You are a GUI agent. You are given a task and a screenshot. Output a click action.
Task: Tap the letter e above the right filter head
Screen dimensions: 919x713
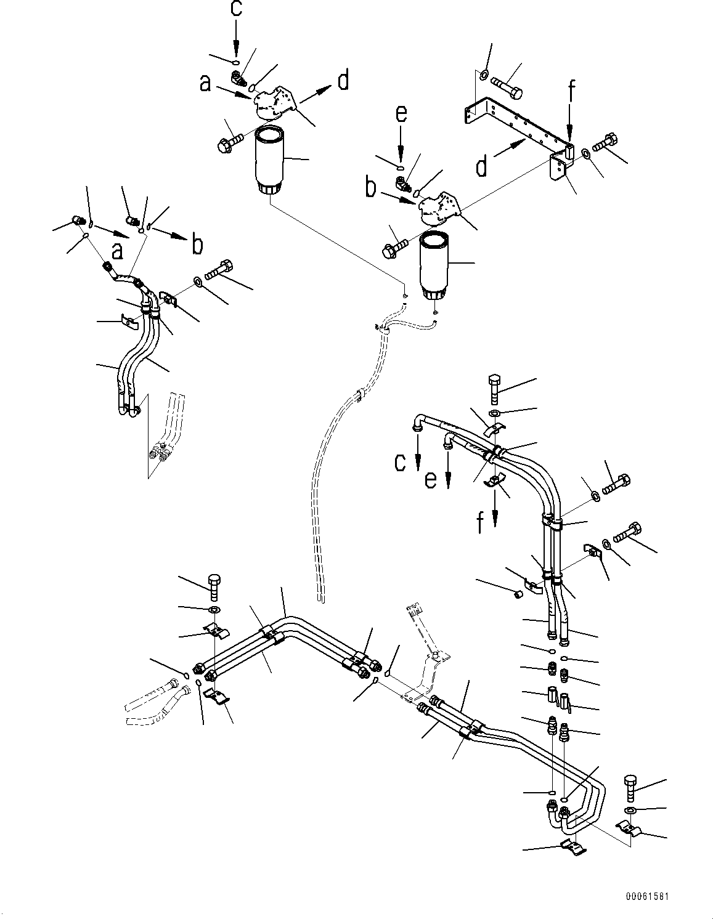point(401,115)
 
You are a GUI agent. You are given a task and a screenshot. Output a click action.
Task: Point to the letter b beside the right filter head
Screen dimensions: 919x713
point(371,187)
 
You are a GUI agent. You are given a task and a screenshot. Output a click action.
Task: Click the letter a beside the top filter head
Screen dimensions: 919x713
point(206,83)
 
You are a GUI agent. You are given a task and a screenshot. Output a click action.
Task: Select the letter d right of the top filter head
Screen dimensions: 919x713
point(343,80)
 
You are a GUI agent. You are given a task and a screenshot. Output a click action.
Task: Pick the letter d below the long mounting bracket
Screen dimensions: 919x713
point(483,164)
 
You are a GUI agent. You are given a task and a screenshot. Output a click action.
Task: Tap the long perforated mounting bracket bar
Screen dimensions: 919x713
point(518,123)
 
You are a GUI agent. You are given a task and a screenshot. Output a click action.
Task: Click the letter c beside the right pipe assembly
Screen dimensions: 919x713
point(401,462)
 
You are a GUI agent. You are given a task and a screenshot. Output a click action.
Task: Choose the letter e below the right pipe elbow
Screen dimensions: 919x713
point(431,478)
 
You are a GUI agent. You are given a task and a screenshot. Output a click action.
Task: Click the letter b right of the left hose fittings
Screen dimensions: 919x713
point(197,245)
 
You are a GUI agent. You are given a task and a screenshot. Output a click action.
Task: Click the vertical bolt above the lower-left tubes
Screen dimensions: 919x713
point(214,586)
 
